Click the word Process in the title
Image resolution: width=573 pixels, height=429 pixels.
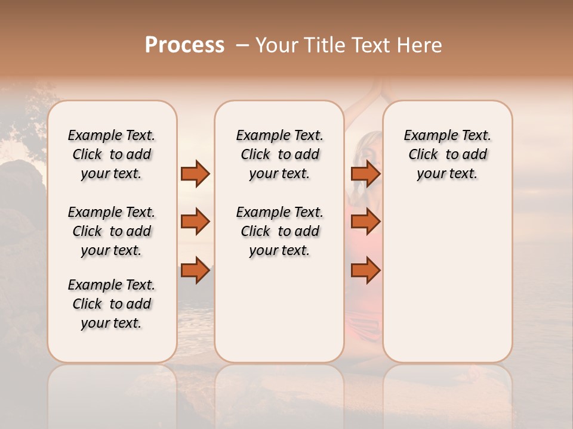184,45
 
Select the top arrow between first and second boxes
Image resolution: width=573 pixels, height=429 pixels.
195,174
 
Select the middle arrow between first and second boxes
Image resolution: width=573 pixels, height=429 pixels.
195,222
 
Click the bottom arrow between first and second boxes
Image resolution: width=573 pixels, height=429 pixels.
195,270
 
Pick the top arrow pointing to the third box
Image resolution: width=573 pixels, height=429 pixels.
365,174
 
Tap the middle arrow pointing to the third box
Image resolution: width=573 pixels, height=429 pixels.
365,222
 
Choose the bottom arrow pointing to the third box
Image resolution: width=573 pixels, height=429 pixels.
365,270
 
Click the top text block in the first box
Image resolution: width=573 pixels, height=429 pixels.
112,154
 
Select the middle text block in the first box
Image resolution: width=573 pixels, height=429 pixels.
112,231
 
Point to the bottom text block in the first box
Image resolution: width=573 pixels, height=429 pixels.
112,304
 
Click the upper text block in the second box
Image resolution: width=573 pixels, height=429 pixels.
279,154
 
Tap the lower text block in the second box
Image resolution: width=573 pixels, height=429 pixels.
279,231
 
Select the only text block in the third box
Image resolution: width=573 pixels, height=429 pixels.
447,154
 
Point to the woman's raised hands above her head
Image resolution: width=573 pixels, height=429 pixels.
383,89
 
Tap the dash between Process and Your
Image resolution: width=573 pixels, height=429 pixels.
242,45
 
